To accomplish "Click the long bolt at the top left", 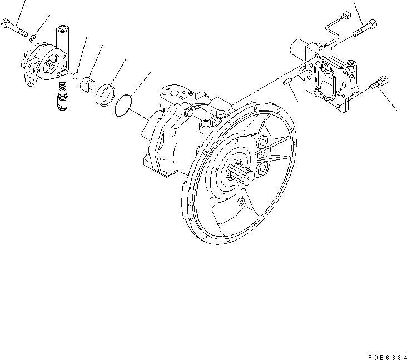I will coord(15,28).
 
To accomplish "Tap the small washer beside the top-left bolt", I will coord(33,38).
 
